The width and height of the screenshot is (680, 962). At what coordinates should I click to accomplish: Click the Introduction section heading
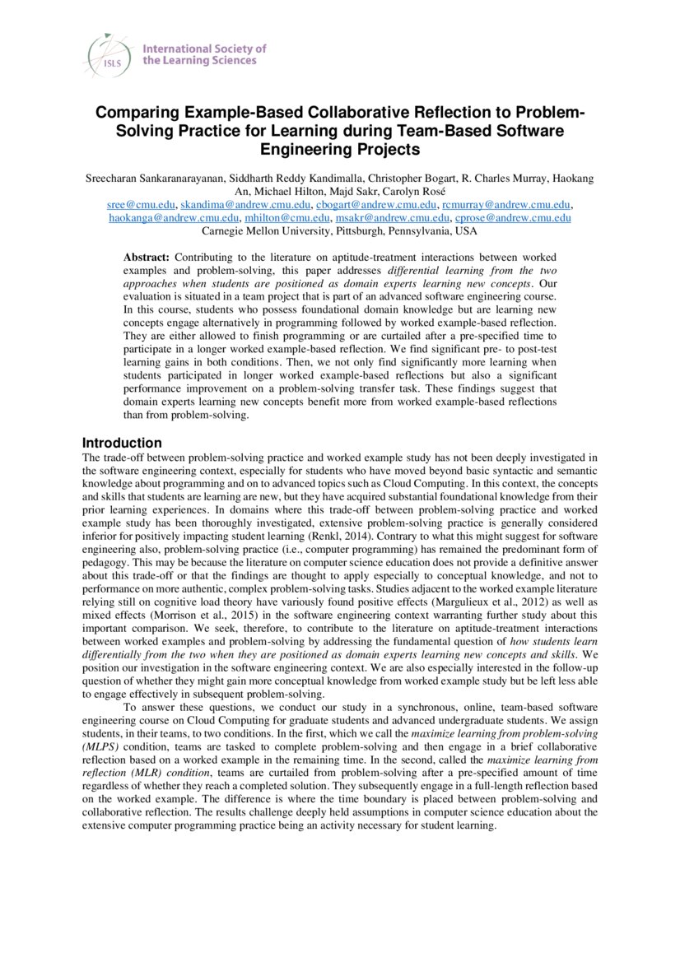(122, 443)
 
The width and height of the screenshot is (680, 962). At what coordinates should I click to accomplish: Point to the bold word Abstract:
(147, 258)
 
